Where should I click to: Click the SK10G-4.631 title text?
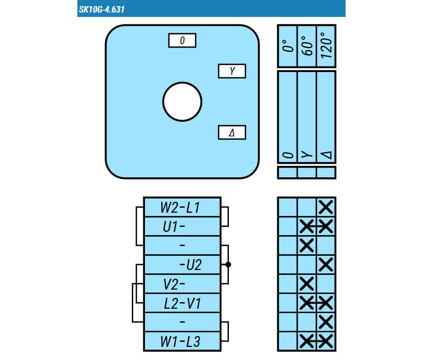coord(101,9)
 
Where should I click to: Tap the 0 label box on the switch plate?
coord(182,40)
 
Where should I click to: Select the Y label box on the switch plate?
coord(232,71)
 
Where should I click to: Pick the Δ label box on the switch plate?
coord(232,132)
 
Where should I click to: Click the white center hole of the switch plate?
coord(183,102)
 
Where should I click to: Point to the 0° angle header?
coord(288,46)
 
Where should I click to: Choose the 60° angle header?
coord(307,46)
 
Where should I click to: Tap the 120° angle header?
coord(326,45)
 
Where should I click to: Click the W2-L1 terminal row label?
coord(180,207)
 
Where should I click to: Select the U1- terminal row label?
coord(174,227)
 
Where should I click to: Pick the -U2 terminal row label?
coord(190,265)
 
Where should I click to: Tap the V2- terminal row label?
coord(174,284)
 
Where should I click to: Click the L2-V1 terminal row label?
coord(183,303)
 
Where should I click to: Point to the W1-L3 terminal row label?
coord(180,341)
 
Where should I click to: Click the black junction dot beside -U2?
coord(228,265)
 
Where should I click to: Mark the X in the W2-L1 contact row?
coord(326,207)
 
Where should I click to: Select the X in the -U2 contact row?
coord(326,265)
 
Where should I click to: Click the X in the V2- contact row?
coord(307,284)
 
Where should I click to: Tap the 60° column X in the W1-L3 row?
coord(307,341)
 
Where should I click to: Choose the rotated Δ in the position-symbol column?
coord(326,155)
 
